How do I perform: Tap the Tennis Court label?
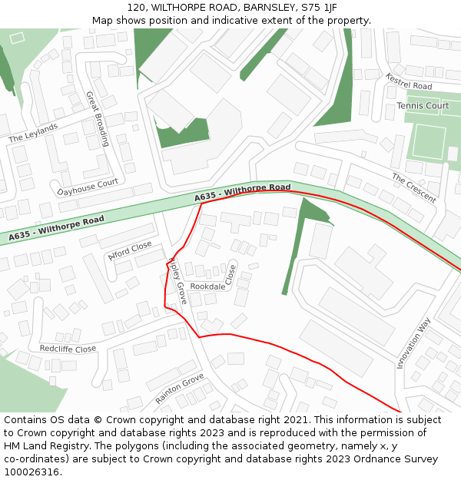[423, 105]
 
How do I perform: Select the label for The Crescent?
[413, 188]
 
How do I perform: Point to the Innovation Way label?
[414, 344]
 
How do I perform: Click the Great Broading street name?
[98, 119]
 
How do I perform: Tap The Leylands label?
[33, 133]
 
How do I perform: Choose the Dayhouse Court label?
[88, 187]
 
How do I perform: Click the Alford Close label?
[130, 251]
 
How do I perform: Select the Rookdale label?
[207, 286]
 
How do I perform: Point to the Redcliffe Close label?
[68, 349]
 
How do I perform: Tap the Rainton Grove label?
[179, 389]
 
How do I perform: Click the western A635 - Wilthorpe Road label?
[57, 229]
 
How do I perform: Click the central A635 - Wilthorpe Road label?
[242, 192]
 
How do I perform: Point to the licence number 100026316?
[32, 472]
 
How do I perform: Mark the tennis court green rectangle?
[427, 141]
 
